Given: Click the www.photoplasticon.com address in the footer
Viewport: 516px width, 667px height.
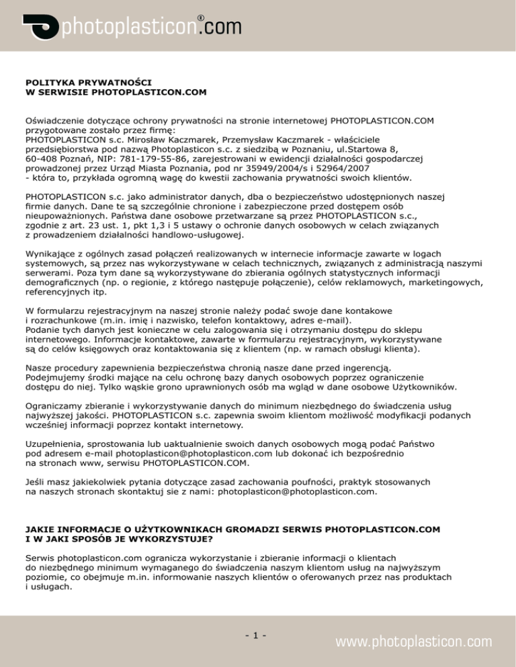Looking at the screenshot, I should [414, 642].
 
